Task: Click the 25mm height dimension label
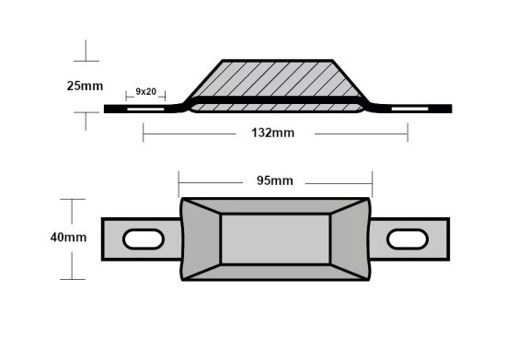(x=84, y=87)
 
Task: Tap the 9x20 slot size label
(x=145, y=91)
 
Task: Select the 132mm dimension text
(x=274, y=134)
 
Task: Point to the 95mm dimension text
(x=275, y=180)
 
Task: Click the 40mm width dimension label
(x=69, y=238)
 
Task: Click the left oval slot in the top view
(x=143, y=239)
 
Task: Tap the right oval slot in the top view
(x=408, y=239)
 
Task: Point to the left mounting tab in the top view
(x=138, y=239)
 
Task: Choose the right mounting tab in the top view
(x=412, y=239)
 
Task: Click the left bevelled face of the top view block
(x=201, y=238)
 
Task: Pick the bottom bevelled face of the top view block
(x=275, y=270)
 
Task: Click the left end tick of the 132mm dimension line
(x=144, y=134)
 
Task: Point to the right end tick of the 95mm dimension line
(x=372, y=180)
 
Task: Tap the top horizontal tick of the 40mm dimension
(x=72, y=199)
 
